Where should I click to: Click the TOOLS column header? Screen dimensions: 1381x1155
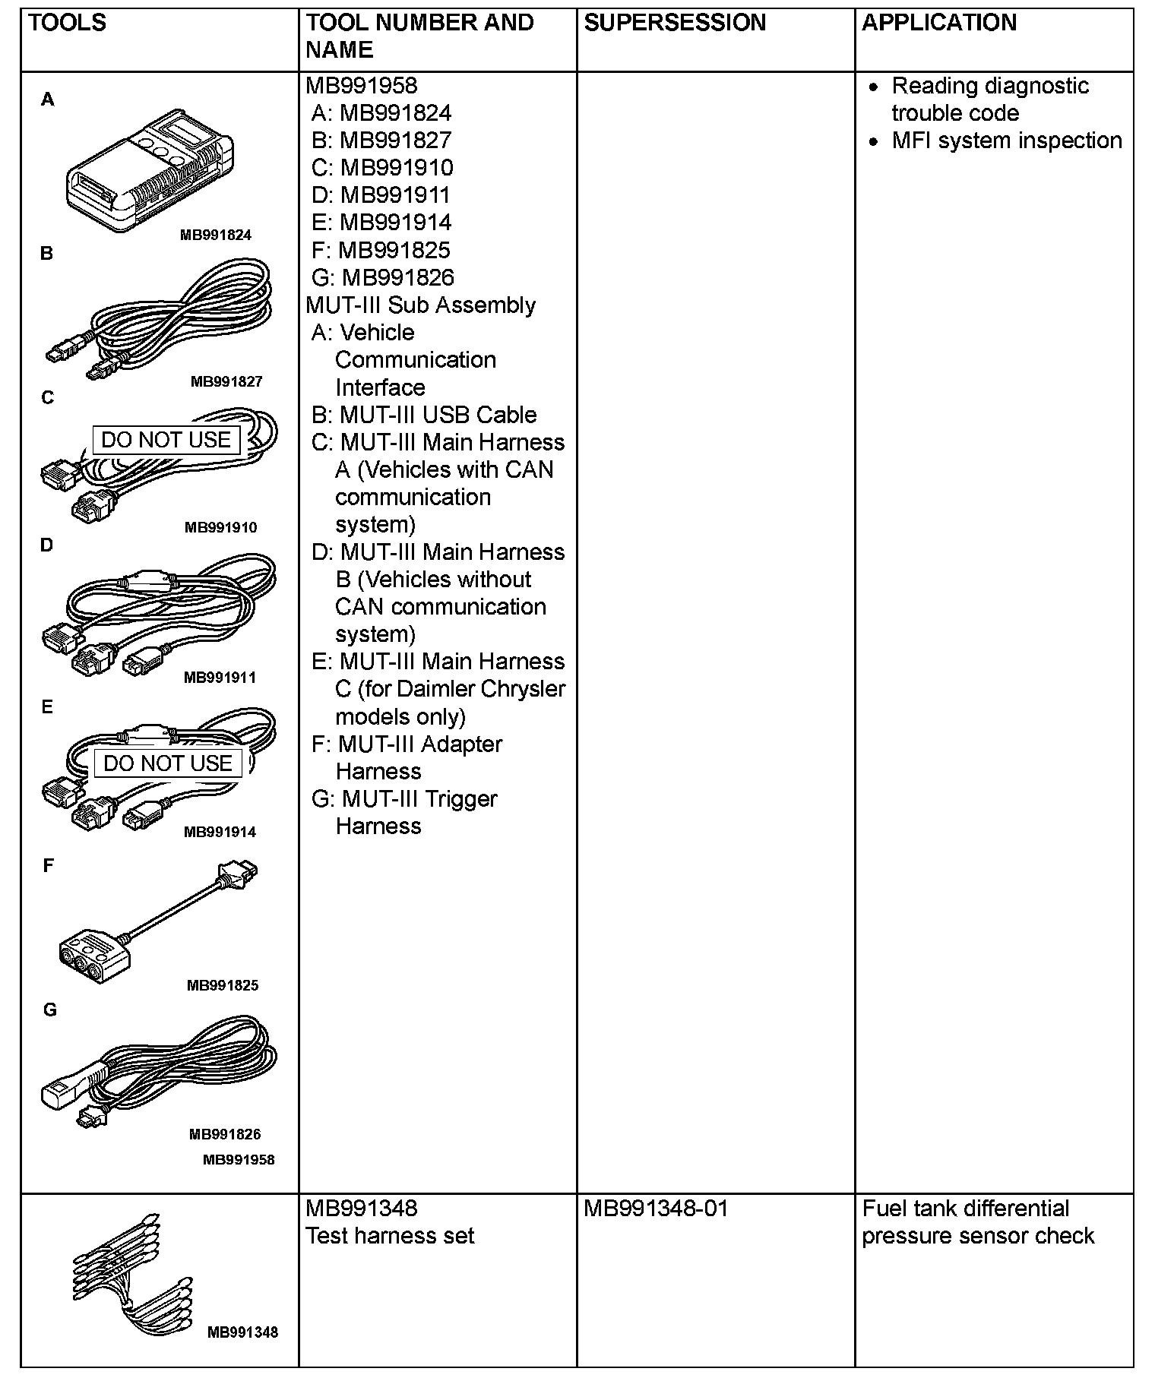click(67, 23)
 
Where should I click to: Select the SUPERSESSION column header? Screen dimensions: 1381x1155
click(675, 23)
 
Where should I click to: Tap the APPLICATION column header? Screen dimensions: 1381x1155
click(938, 23)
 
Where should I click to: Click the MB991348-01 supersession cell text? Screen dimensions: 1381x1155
click(655, 1209)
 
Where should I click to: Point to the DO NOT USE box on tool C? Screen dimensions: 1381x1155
click(166, 440)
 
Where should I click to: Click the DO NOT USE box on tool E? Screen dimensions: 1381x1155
click(167, 763)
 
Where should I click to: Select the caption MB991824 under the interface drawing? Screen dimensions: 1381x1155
click(215, 235)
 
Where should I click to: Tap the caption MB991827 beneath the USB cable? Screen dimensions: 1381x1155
click(226, 381)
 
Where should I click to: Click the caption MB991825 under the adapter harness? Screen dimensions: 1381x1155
click(223, 985)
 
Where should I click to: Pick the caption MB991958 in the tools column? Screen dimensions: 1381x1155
click(239, 1159)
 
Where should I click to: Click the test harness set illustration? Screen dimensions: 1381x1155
click(129, 1270)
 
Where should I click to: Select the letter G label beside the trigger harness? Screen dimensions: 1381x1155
click(49, 1010)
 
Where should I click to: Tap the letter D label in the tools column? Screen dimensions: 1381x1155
click(47, 545)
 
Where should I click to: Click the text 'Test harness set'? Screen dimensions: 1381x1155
click(390, 1236)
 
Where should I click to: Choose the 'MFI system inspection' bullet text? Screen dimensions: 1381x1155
click(1006, 141)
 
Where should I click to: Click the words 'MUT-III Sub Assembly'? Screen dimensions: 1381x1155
click(420, 305)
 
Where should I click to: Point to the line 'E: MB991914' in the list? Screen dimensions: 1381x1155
click(381, 223)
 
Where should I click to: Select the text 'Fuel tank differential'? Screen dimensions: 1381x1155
click(965, 1209)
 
